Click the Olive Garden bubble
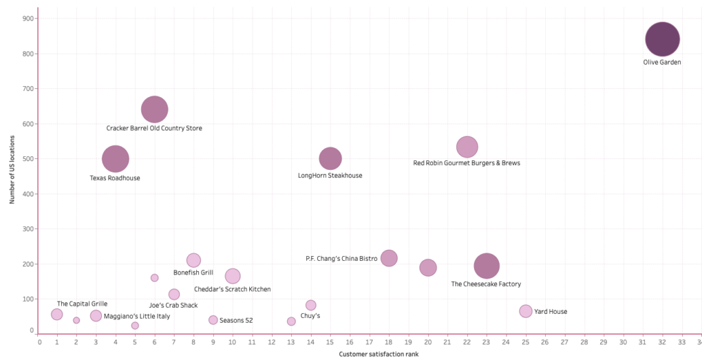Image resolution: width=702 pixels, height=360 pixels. [662, 39]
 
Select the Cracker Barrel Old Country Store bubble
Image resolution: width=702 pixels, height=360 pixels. [155, 109]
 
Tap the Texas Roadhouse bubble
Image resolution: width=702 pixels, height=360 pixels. [116, 158]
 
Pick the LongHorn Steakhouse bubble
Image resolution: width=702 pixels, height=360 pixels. [330, 158]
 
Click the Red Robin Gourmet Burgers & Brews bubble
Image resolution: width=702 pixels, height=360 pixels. [467, 147]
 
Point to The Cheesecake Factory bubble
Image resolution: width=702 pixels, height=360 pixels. [487, 266]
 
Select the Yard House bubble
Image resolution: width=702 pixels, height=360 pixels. [526, 311]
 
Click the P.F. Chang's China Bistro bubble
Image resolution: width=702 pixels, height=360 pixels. [389, 258]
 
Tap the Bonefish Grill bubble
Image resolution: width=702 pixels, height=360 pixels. [193, 260]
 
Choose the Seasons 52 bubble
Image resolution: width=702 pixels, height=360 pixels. [213, 320]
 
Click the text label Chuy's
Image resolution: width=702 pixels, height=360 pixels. [310, 316]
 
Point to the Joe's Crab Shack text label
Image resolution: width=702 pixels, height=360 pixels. [173, 305]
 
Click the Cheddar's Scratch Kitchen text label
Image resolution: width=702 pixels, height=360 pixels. [232, 289]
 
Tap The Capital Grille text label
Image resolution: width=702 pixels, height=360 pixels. [82, 304]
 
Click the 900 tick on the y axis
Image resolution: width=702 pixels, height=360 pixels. [28, 19]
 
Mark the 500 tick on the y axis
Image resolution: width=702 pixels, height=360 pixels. [28, 159]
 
